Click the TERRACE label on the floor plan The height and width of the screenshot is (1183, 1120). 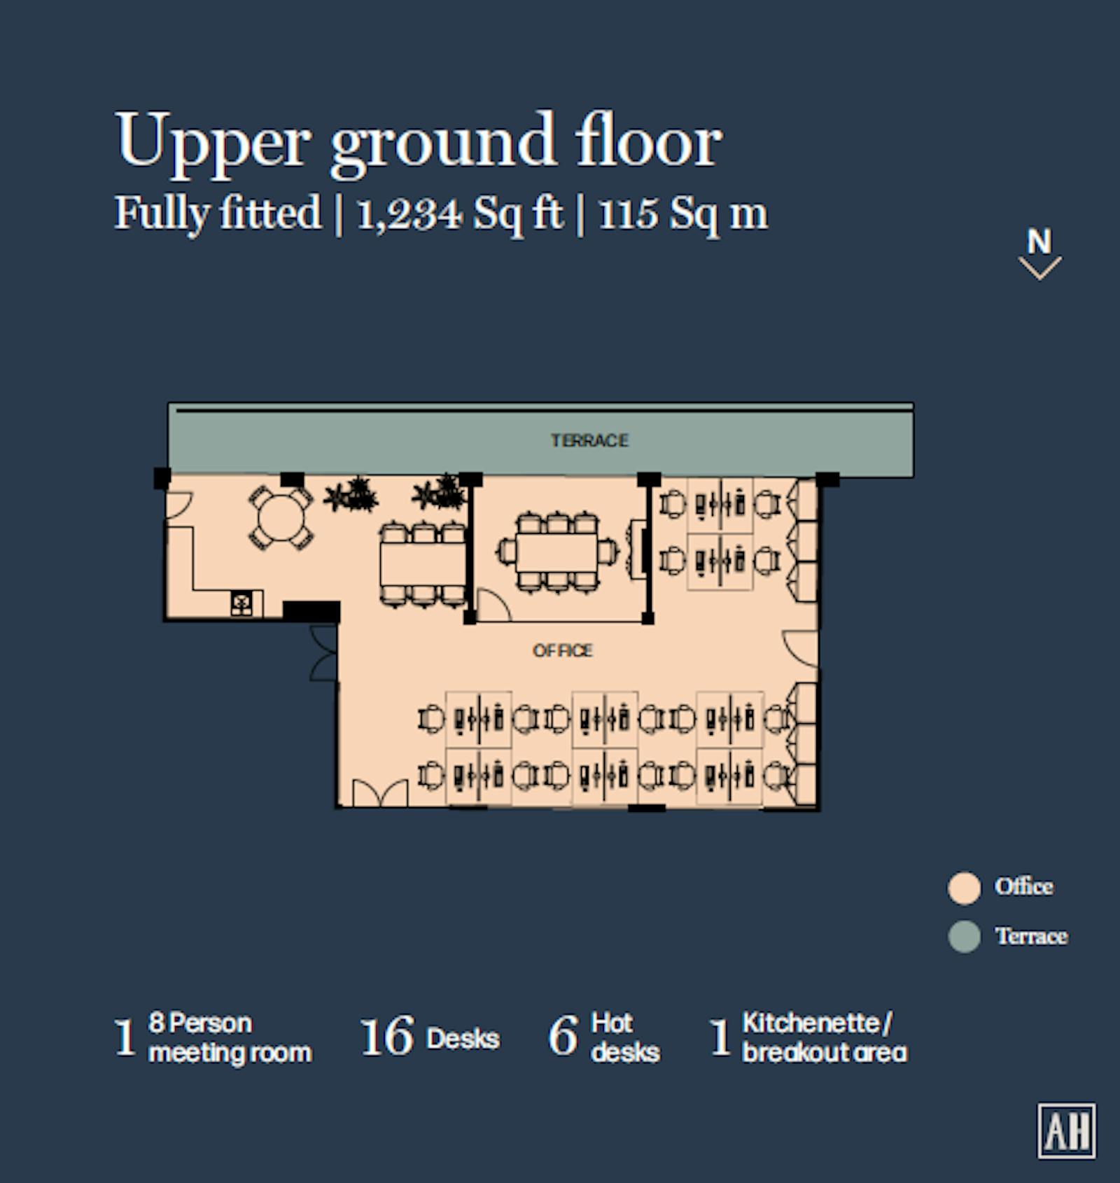(589, 440)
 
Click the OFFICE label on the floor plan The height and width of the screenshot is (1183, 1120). (563, 650)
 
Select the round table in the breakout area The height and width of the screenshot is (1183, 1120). (281, 518)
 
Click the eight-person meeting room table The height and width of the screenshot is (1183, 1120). (558, 553)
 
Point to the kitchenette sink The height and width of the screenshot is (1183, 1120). (241, 604)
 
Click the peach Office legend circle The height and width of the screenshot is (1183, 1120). (964, 888)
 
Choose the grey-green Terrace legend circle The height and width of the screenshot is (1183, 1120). (964, 937)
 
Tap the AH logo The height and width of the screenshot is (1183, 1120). (1067, 1131)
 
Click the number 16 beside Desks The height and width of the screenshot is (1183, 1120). (387, 1037)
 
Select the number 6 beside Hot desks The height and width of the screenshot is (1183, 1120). (563, 1037)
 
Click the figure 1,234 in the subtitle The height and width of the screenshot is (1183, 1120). (409, 213)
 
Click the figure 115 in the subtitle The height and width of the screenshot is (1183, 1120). (629, 213)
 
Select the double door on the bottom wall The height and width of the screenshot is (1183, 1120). (380, 792)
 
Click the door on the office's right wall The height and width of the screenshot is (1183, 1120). (801, 649)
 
